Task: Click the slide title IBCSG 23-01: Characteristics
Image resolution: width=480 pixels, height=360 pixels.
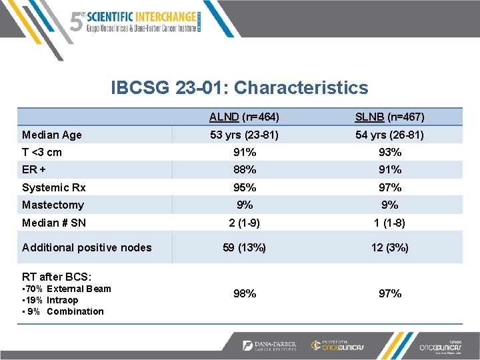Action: pos(239,87)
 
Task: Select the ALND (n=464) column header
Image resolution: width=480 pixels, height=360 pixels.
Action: pos(243,117)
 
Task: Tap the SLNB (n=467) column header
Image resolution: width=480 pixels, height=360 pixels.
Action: pos(389,117)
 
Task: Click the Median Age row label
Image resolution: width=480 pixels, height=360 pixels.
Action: pos(52,135)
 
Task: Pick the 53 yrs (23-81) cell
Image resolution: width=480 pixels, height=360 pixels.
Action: pos(244,135)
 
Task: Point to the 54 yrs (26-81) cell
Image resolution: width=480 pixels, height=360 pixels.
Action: pos(389,135)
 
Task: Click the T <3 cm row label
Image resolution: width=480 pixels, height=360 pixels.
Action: pos(42,152)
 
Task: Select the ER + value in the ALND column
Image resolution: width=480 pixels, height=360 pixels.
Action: pos(244,169)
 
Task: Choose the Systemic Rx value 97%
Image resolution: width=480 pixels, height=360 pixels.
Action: pos(389,187)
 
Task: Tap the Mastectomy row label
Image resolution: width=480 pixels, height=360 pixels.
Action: pos(53,205)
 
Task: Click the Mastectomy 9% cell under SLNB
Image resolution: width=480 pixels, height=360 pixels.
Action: pos(389,205)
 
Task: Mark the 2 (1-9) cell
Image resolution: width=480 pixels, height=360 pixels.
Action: pos(244,223)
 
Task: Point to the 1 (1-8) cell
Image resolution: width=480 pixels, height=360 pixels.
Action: pos(389,223)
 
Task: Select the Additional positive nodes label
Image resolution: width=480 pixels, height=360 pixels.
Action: pos(87,247)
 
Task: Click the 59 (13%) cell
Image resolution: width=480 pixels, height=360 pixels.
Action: pos(244,247)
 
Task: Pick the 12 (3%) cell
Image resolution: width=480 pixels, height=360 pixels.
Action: pos(389,247)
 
